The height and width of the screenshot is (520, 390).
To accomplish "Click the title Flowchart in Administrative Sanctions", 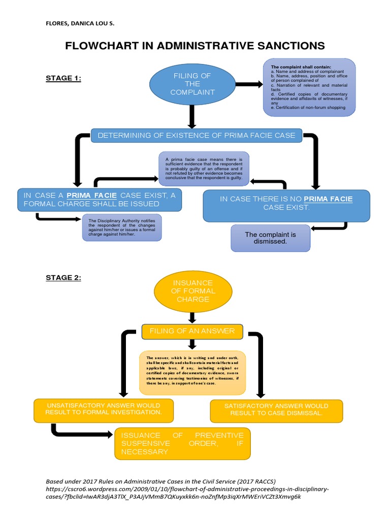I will [x=195, y=46].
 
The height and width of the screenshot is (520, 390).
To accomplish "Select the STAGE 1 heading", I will [x=63, y=78].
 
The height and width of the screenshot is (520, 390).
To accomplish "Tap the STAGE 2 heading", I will [x=63, y=277].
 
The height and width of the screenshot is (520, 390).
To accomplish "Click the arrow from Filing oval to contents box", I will [x=248, y=84].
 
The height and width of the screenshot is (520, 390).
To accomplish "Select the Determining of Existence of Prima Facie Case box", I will [x=197, y=135].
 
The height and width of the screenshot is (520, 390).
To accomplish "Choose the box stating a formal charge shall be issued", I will [x=100, y=200].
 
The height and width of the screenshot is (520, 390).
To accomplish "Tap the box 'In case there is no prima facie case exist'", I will [x=286, y=204].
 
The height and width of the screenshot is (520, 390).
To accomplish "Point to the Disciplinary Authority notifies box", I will [x=122, y=227].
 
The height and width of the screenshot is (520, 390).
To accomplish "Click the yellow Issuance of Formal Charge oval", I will [x=192, y=291].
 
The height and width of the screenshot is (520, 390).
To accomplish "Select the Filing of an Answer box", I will [x=192, y=331].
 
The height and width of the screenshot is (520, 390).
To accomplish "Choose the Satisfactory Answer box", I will [x=276, y=410].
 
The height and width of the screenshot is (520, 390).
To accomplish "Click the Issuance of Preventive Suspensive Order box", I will [x=182, y=443].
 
